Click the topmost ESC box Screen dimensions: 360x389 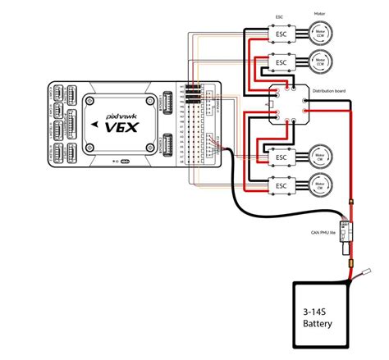coord(281,34)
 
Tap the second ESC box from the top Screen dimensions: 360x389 coord(281,62)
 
